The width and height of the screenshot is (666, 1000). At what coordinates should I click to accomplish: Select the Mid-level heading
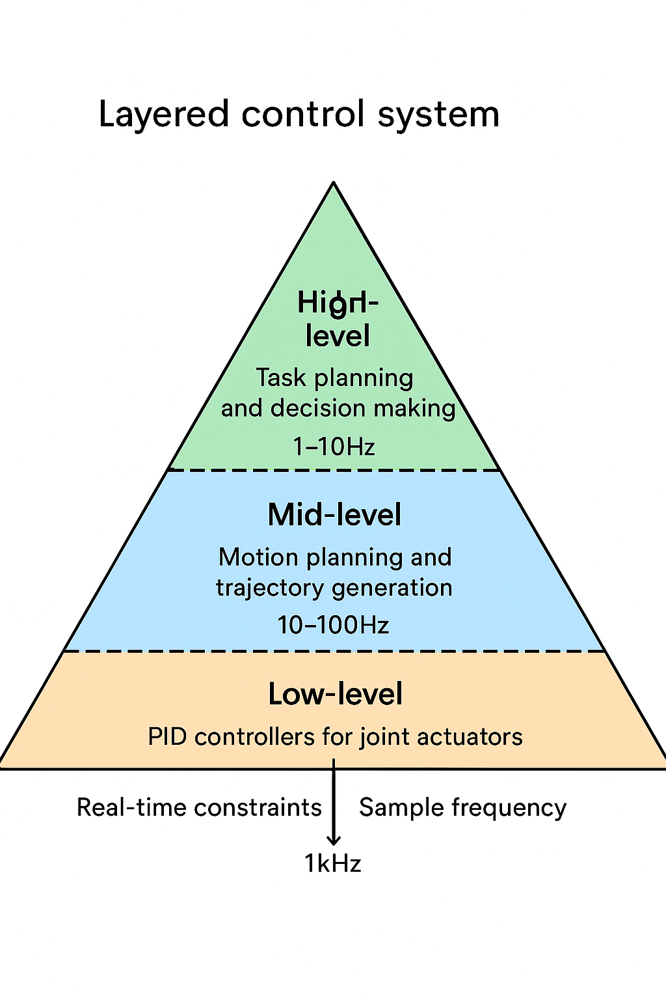pyautogui.click(x=334, y=515)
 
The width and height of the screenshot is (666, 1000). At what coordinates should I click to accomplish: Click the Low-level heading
pyautogui.click(x=335, y=694)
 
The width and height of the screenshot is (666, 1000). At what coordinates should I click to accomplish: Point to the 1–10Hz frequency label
pyautogui.click(x=334, y=447)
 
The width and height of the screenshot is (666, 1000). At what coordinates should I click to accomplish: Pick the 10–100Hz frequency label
pyautogui.click(x=333, y=625)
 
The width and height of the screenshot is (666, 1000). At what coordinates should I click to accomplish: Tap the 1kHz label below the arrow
pyautogui.click(x=332, y=863)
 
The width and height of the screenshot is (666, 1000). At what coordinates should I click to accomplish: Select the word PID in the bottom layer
pyautogui.click(x=167, y=737)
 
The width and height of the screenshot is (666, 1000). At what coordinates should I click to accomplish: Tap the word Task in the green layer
pyautogui.click(x=280, y=378)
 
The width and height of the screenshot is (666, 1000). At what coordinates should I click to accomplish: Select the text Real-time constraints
pyautogui.click(x=199, y=807)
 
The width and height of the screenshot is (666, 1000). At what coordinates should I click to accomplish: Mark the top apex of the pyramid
pyautogui.click(x=334, y=184)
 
